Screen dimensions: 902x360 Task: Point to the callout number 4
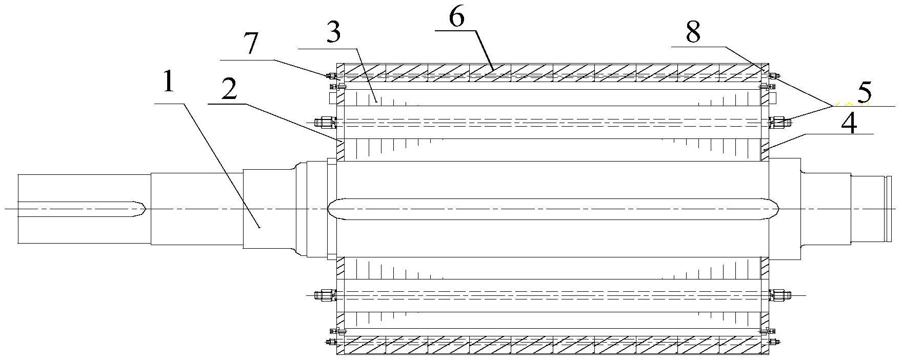click(849, 124)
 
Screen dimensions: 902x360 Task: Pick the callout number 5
click(864, 93)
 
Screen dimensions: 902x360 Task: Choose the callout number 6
click(456, 17)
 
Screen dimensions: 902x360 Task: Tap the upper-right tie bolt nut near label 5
click(779, 122)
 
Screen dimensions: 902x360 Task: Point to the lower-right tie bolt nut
click(779, 295)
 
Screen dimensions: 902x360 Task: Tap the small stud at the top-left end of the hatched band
click(330, 76)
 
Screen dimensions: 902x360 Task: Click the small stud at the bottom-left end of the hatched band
click(330, 342)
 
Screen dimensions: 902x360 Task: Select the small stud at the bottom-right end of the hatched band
click(775, 342)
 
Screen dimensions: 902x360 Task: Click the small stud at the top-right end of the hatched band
click(774, 76)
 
